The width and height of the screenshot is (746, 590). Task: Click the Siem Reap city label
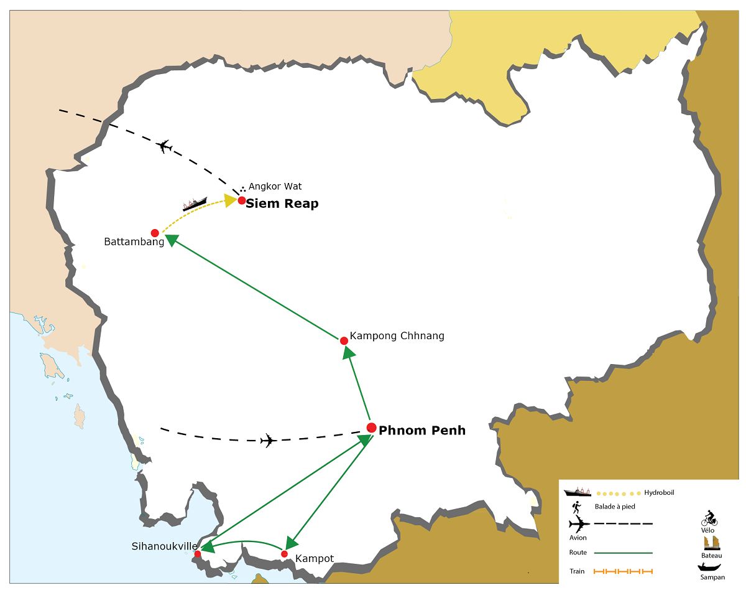pos(282,204)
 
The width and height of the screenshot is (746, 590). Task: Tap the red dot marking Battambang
pos(155,233)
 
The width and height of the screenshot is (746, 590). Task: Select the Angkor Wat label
pos(275,187)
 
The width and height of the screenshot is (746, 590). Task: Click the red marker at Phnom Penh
pos(372,428)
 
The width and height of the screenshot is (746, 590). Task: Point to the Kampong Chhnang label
pos(397,336)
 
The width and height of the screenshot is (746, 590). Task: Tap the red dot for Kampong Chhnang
pos(344,341)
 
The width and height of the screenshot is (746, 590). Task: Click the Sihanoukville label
pos(164,546)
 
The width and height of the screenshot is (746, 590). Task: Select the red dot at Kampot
pos(284,554)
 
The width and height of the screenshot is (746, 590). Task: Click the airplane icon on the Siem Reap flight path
pos(164,146)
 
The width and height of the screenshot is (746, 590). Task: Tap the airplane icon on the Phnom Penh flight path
pos(269,441)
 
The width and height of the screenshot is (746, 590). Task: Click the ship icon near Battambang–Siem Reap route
pos(195,204)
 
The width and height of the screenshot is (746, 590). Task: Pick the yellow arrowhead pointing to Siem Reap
pos(231,200)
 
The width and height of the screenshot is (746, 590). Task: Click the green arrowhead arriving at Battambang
pos(171,240)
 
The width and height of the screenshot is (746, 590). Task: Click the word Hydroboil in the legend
pos(659,492)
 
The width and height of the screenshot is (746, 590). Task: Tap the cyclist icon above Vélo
pos(709,518)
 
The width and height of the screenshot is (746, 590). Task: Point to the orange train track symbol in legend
pos(623,571)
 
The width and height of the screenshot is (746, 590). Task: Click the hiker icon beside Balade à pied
pos(576,507)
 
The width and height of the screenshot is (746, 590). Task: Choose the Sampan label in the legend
pos(712,577)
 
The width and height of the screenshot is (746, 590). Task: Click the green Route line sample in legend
pos(624,553)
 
